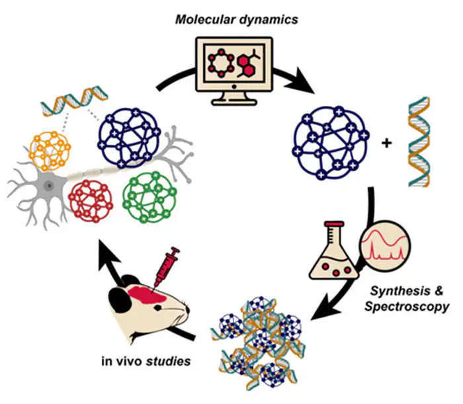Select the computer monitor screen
[x=234, y=63]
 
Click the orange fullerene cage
[x=50, y=151]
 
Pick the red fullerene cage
[x=91, y=200]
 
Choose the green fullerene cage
[x=149, y=197]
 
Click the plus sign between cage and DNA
[x=386, y=143]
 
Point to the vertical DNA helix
[x=419, y=141]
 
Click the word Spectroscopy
[x=407, y=307]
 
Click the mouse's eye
[x=157, y=308]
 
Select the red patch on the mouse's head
[x=146, y=294]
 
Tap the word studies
[x=168, y=361]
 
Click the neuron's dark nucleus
[x=49, y=186]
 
